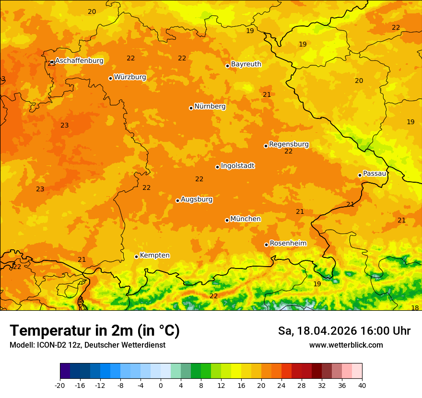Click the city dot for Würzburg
click(110, 78)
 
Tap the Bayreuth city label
click(246, 64)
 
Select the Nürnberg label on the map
click(210, 106)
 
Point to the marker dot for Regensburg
click(266, 146)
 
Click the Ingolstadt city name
click(237, 166)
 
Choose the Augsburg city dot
click(177, 200)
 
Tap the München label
click(246, 219)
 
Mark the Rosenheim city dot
click(266, 245)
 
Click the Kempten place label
click(154, 255)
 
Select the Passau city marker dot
click(360, 175)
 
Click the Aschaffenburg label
click(79, 61)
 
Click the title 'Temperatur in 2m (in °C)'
click(94, 330)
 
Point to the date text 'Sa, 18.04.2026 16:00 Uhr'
click(344, 331)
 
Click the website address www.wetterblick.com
click(346, 345)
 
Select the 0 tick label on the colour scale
click(161, 386)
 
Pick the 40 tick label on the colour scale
click(362, 386)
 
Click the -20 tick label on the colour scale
click(59, 386)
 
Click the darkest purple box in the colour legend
click(65, 371)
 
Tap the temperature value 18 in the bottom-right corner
click(415, 308)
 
